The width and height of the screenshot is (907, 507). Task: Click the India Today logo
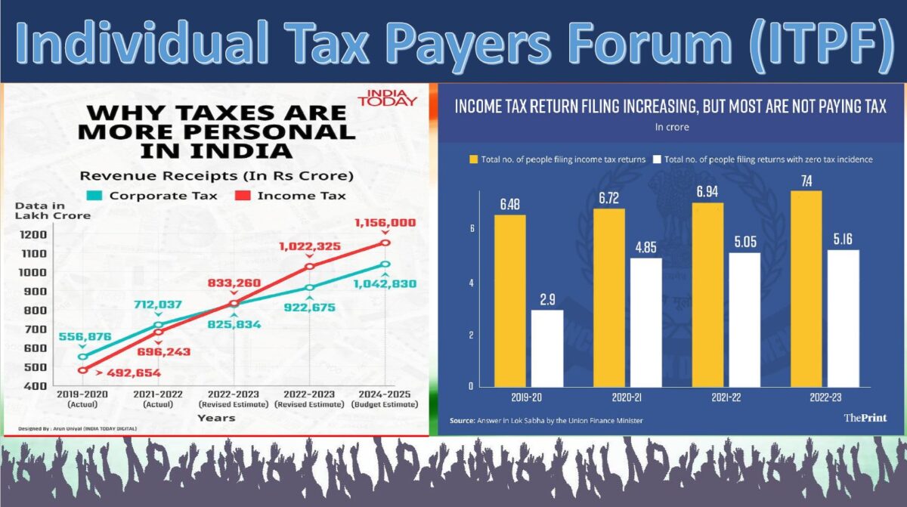pyautogui.click(x=388, y=99)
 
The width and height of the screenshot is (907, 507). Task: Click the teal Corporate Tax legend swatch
pyautogui.click(x=94, y=196)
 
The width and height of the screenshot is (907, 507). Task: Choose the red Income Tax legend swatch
pyautogui.click(x=243, y=196)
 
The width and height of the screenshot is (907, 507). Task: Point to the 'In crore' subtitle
pyautogui.click(x=671, y=127)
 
